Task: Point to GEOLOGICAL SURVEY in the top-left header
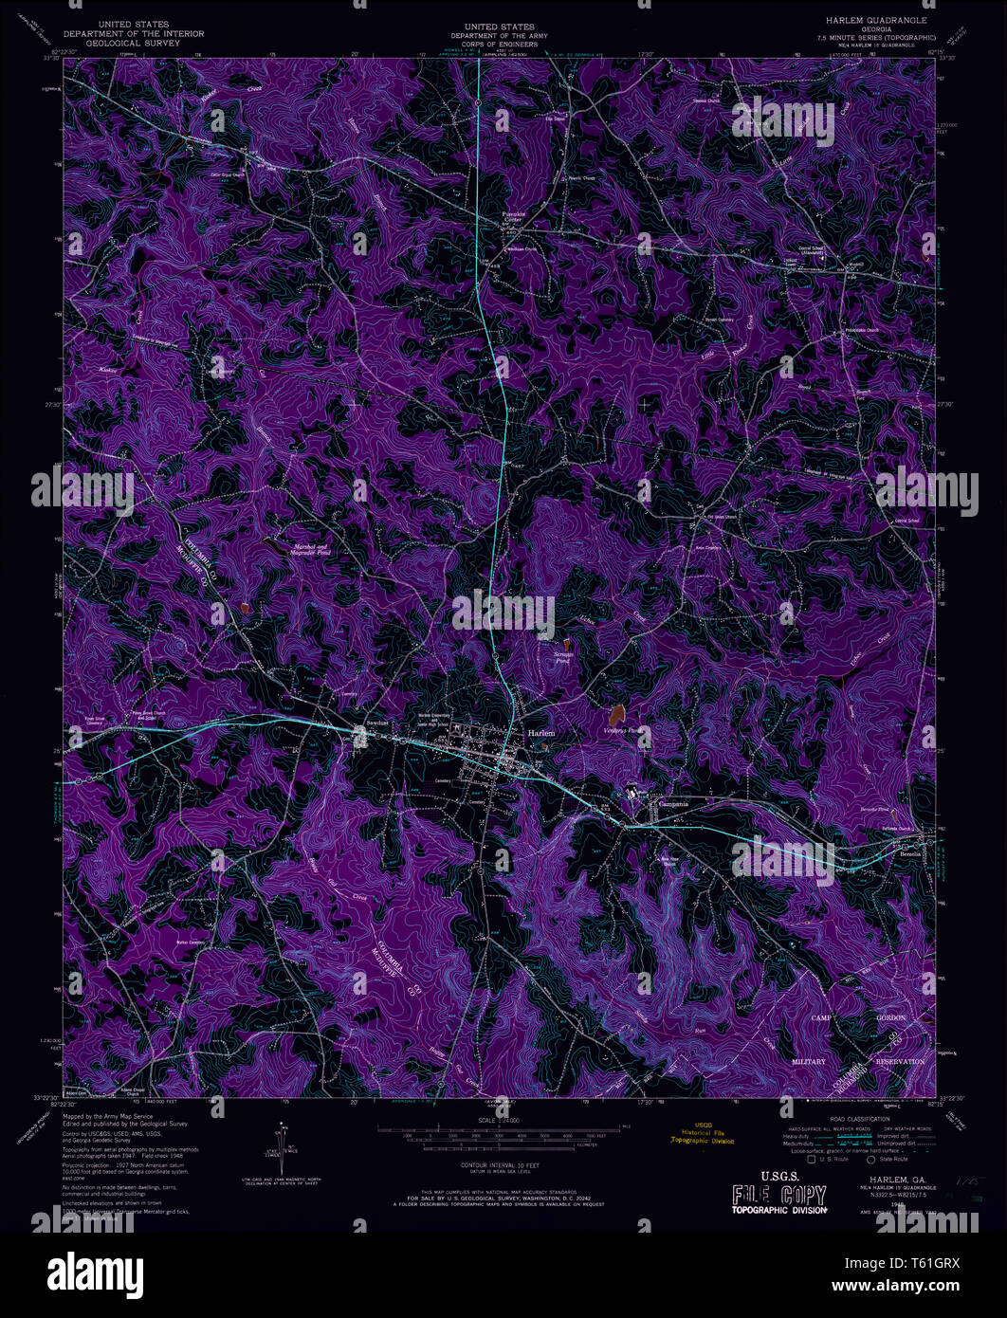(134, 43)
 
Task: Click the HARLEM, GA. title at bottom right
(878, 1180)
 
